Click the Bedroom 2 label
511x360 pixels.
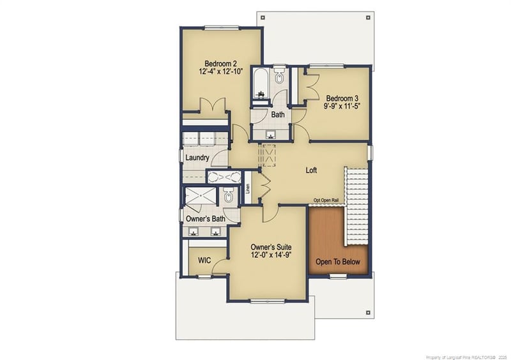point(220,63)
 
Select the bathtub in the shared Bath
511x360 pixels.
point(261,86)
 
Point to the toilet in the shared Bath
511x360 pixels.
point(279,79)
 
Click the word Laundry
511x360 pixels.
point(197,157)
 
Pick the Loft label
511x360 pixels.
point(311,170)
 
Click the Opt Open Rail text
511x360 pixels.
point(330,200)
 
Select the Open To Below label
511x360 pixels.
point(338,262)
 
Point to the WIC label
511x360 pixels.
point(204,260)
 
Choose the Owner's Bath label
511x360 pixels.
point(205,218)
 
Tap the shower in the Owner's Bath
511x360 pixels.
point(200,197)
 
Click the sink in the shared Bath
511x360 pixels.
point(270,135)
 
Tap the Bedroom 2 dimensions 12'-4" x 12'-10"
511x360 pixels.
point(220,72)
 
